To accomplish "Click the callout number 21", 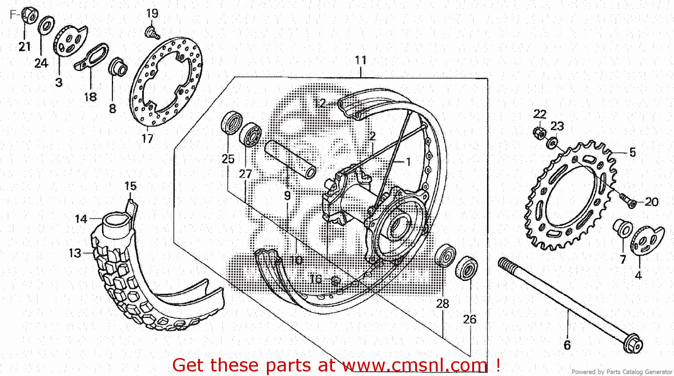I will pyautogui.click(x=25, y=46).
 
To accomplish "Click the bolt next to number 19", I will pyautogui.click(x=152, y=32).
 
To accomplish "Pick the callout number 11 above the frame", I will pyautogui.click(x=361, y=60).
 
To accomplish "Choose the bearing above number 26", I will pyautogui.click(x=466, y=268).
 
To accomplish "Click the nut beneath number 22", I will pyautogui.click(x=540, y=133).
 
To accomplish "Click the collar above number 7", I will pyautogui.click(x=623, y=227).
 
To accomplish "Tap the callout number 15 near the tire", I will pyautogui.click(x=130, y=186).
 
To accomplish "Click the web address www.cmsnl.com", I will pyautogui.click(x=415, y=365).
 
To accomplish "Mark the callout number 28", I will pyautogui.click(x=443, y=304).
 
